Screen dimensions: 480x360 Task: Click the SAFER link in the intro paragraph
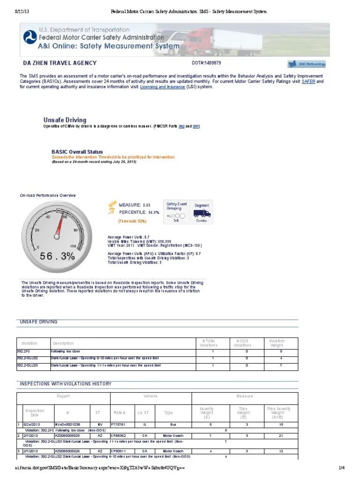point(308,81)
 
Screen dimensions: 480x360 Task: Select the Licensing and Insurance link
point(163,87)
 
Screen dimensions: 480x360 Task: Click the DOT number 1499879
point(206,63)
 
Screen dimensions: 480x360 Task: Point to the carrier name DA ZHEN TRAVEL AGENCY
point(60,63)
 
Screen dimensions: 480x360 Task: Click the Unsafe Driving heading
point(65,120)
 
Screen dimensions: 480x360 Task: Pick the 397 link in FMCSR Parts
point(196,126)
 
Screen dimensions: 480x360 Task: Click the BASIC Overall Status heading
point(77,152)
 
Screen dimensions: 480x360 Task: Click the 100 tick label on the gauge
point(73,246)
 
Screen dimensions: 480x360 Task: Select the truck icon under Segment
point(202,214)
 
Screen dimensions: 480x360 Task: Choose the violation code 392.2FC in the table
point(23,351)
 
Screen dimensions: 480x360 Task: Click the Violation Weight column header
point(277,343)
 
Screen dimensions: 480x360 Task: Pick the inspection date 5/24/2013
point(31,424)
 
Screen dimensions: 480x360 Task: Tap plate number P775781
point(118,424)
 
